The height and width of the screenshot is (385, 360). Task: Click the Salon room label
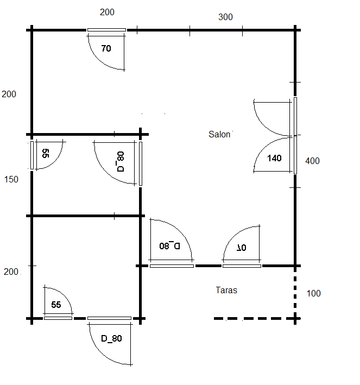(219, 134)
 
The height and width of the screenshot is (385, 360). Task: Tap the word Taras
(226, 290)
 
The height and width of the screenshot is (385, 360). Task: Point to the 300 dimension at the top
(225, 17)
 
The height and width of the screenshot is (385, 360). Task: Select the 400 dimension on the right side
(312, 161)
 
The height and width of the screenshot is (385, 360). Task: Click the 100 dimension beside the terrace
(314, 293)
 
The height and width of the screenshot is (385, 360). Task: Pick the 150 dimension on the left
(11, 180)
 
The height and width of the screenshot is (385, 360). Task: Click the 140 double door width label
(274, 158)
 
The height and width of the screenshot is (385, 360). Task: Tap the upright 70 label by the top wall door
(106, 48)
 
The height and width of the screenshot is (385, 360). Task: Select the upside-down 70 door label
(242, 248)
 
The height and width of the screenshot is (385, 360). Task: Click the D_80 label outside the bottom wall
(111, 339)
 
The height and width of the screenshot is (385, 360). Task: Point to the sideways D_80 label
(121, 162)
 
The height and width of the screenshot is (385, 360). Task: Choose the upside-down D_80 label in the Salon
(170, 246)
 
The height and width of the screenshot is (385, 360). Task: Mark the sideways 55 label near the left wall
(46, 153)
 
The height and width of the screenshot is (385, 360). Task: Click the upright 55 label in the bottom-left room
(56, 305)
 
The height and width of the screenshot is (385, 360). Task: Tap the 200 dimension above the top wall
(107, 12)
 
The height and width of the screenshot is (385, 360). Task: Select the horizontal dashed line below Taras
(254, 318)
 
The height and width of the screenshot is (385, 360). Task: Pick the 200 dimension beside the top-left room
(9, 94)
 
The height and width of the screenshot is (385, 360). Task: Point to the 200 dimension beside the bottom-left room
(11, 272)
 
